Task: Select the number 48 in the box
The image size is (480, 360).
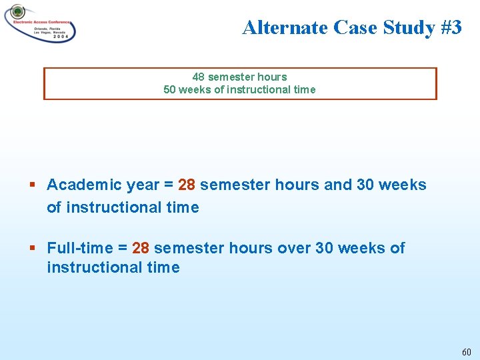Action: click(x=199, y=77)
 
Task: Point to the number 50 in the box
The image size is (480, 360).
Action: click(x=169, y=89)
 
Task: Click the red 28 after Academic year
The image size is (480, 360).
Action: click(x=187, y=185)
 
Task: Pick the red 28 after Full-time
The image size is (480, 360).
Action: click(x=141, y=248)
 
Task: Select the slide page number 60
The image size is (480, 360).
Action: click(x=466, y=351)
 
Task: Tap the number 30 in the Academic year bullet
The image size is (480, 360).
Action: click(x=366, y=185)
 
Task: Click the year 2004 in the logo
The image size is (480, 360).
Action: click(x=59, y=39)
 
